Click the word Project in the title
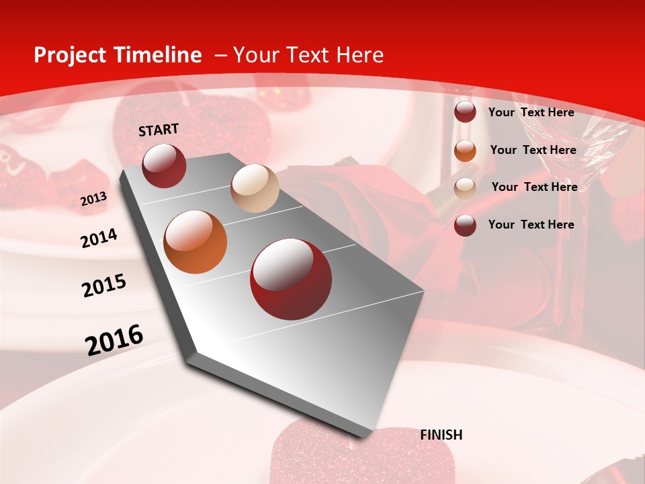pyautogui.click(x=71, y=55)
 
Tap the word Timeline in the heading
pyautogui.click(x=157, y=55)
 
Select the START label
pyautogui.click(x=159, y=130)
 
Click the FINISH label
pyautogui.click(x=441, y=435)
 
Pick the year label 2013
pyautogui.click(x=94, y=199)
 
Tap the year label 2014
pyautogui.click(x=99, y=239)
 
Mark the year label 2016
pyautogui.click(x=114, y=340)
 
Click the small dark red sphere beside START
pyautogui.click(x=164, y=165)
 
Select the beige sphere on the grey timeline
pyautogui.click(x=255, y=188)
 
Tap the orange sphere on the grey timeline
pyautogui.click(x=196, y=242)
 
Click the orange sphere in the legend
pyautogui.click(x=465, y=151)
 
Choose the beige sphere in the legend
pyautogui.click(x=465, y=188)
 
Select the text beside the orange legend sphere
pyautogui.click(x=533, y=150)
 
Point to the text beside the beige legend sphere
pyautogui.click(x=534, y=187)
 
